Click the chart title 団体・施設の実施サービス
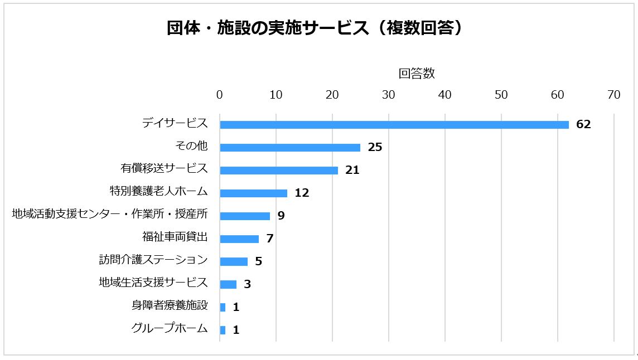click(315, 28)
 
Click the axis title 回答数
click(417, 74)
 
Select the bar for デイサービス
click(394, 125)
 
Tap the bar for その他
click(290, 148)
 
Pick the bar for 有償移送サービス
click(279, 171)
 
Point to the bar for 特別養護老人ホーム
click(254, 193)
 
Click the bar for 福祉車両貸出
click(239, 239)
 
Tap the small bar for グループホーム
click(223, 330)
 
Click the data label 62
click(583, 125)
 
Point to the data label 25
click(375, 148)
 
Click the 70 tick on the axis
click(613, 95)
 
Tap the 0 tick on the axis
click(220, 95)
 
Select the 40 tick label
click(444, 95)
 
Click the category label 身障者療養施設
click(170, 305)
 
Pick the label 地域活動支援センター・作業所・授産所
click(110, 214)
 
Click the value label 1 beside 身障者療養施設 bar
click(236, 308)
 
